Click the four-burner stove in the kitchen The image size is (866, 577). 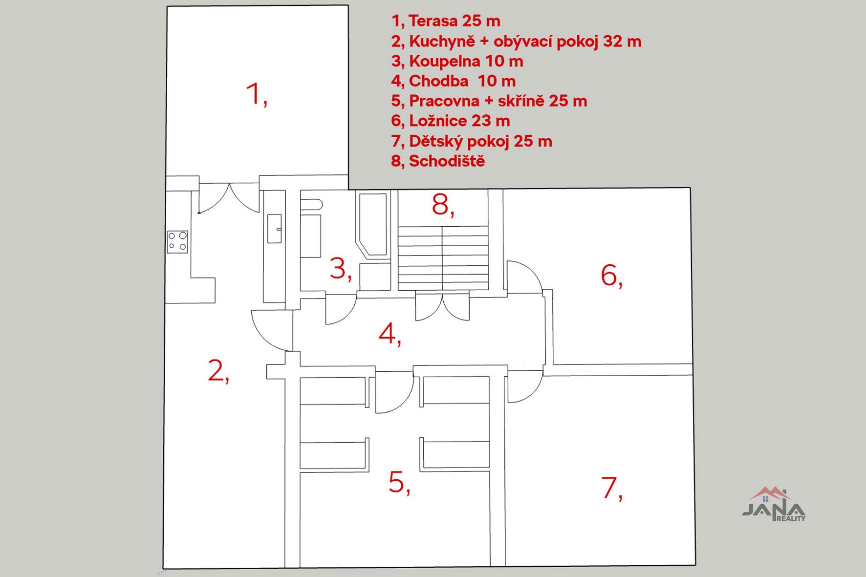click(177, 242)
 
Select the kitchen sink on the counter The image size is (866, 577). click(275, 228)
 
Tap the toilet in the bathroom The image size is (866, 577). click(311, 205)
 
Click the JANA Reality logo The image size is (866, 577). click(774, 504)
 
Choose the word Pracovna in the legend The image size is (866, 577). click(444, 101)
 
